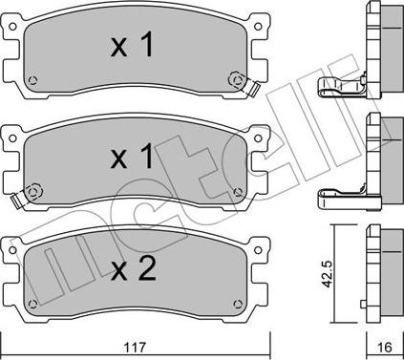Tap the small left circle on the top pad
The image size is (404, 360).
pyautogui.click(x=33, y=79)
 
